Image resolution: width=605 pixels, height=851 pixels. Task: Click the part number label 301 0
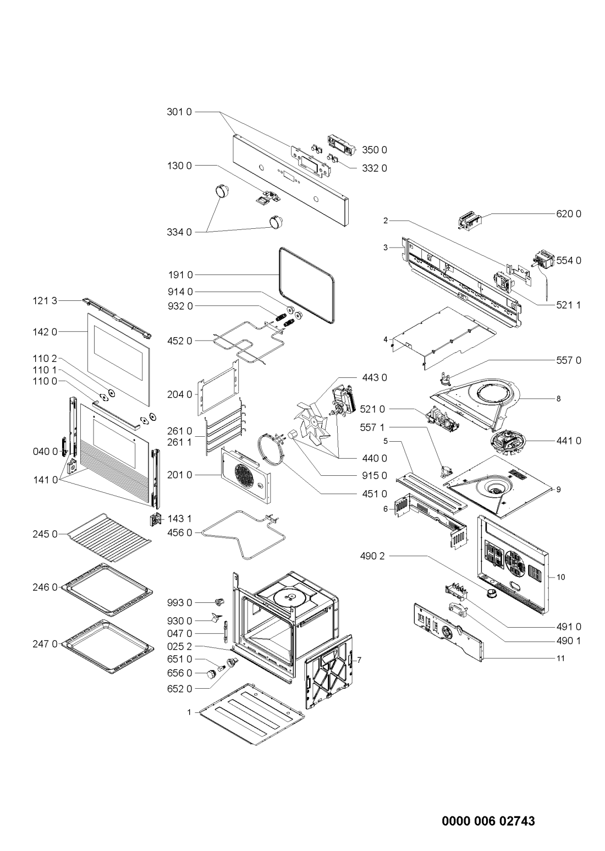(179, 112)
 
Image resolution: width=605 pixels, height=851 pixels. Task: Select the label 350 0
(375, 150)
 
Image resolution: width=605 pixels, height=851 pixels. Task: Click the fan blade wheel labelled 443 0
(312, 421)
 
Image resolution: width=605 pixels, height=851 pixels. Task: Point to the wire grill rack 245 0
(109, 537)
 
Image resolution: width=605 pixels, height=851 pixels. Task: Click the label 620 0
(569, 214)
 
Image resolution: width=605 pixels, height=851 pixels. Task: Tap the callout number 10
(561, 577)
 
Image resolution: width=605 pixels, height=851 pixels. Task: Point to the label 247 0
(45, 644)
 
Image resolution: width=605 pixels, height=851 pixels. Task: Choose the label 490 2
(372, 556)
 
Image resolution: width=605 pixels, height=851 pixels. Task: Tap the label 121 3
(45, 301)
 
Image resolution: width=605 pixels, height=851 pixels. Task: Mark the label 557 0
(569, 360)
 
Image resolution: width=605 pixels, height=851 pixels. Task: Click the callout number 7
(359, 660)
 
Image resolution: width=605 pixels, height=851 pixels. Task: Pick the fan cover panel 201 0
(246, 475)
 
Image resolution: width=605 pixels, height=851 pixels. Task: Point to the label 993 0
(180, 603)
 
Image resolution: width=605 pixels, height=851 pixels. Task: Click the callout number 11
(560, 658)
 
